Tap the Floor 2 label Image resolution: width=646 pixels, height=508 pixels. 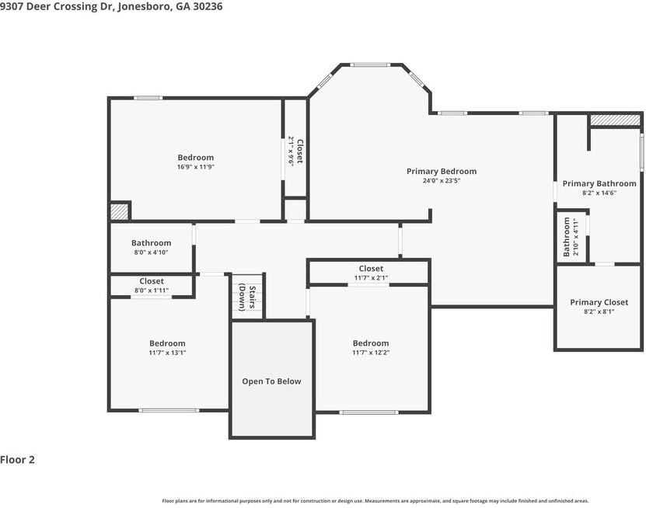17,460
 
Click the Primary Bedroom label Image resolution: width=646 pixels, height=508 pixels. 442,171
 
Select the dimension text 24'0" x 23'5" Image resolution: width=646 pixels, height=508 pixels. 442,181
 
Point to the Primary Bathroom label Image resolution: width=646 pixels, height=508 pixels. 599,183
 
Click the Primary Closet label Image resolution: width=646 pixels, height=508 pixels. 599,303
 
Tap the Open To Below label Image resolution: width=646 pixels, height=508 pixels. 271,381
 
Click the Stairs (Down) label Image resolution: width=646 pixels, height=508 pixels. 247,297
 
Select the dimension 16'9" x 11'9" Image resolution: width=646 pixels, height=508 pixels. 196,167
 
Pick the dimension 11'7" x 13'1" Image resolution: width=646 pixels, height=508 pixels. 167,353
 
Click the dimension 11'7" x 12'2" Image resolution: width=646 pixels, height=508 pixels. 371,353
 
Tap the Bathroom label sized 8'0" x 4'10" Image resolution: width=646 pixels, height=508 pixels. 152,243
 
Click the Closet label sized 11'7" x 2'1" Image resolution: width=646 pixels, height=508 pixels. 371,269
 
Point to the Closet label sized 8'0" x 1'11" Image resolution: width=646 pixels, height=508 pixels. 152,281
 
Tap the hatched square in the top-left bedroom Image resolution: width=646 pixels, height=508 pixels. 120,211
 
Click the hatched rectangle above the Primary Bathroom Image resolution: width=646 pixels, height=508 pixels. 616,120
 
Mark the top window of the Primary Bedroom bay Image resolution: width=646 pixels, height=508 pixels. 369,64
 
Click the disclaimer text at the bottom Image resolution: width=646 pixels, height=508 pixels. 375,501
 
